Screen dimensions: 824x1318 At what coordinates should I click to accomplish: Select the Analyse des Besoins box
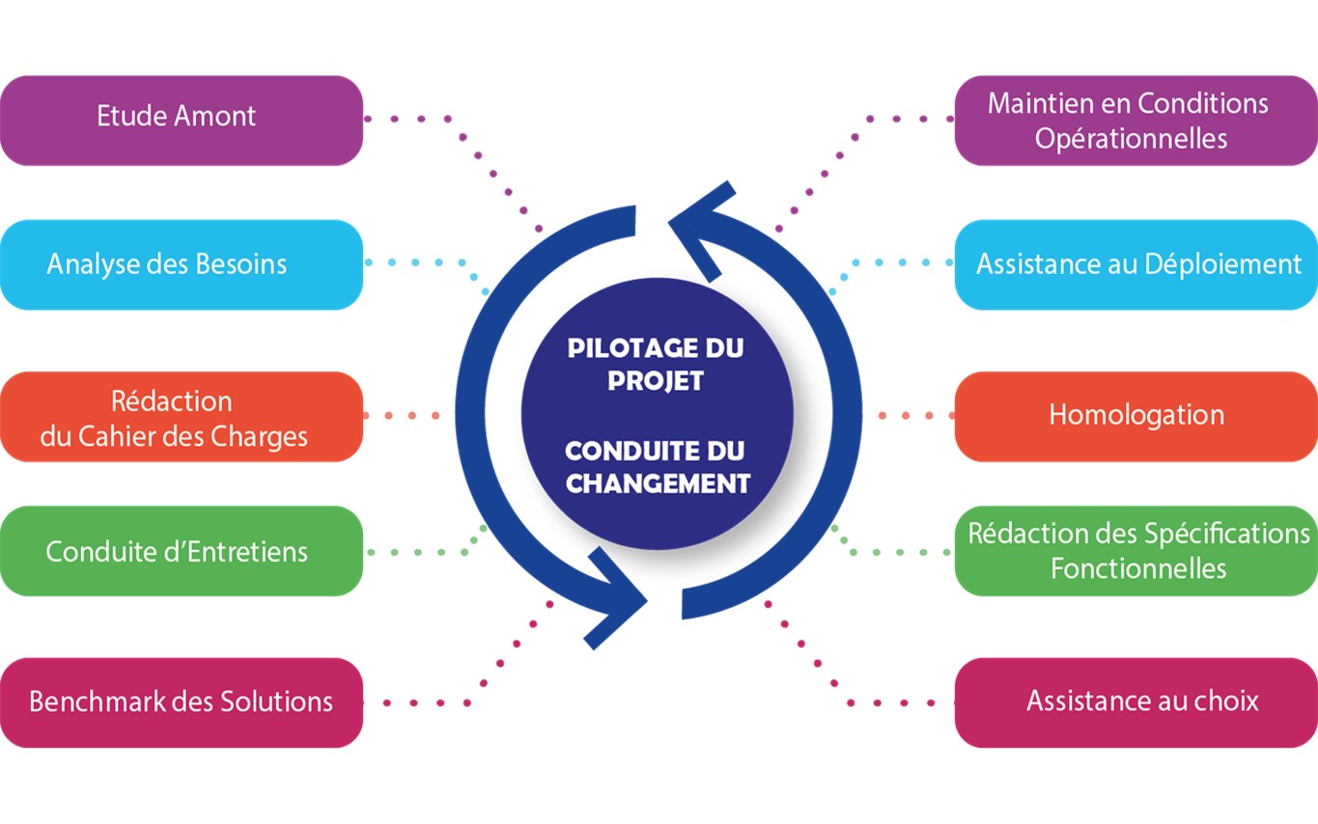181,264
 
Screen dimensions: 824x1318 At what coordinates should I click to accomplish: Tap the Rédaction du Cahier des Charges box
181,417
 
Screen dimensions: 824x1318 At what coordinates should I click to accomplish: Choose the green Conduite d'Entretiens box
181,551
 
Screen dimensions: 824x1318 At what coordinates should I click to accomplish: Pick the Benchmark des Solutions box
181,701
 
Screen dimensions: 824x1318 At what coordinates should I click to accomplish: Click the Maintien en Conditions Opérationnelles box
1136,120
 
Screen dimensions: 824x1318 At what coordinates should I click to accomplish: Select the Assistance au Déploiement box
1136,264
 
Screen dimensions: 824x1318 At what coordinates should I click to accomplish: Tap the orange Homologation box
1136,416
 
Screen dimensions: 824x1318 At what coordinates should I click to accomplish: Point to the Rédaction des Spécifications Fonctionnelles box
1136,551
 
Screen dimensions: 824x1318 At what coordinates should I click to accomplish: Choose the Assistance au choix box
1136,701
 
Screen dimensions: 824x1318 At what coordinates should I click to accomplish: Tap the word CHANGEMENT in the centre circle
658,482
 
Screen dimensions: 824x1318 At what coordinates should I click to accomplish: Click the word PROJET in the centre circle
656,380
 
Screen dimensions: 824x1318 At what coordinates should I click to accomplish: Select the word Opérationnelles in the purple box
1131,138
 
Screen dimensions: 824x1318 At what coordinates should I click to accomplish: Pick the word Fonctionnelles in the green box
1138,567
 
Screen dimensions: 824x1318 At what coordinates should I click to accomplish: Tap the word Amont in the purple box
217,117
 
